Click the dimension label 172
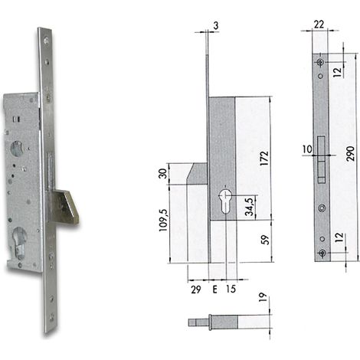[x=264, y=159]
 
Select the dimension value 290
[x=351, y=153]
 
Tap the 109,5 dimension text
[x=163, y=220]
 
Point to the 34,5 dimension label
[x=250, y=206]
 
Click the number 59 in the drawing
[x=266, y=240]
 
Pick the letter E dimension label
[x=214, y=290]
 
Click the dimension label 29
[x=196, y=290]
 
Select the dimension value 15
[x=231, y=289]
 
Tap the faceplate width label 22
[x=319, y=25]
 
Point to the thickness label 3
[x=216, y=26]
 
